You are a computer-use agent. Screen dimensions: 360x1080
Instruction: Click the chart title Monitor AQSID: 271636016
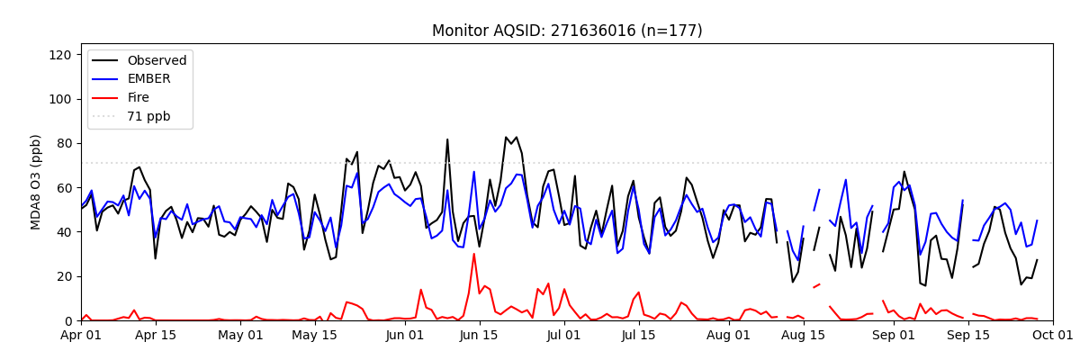[567, 31]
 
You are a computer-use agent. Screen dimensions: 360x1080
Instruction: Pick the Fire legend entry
[140, 98]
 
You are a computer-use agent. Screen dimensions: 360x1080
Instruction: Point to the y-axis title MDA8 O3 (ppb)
[36, 182]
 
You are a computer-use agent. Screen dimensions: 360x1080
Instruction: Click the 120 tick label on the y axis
[59, 55]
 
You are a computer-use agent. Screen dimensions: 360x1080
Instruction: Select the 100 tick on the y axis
[59, 99]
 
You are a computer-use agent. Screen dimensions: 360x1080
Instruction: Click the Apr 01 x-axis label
[81, 336]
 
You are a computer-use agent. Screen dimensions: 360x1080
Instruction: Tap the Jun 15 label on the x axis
[480, 336]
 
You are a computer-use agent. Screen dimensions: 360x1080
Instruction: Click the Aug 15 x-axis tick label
[804, 336]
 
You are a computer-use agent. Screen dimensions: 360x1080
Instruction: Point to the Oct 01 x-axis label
[1053, 336]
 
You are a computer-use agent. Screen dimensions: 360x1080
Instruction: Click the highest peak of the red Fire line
[474, 254]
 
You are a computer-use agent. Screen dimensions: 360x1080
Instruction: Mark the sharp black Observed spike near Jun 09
[447, 139]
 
